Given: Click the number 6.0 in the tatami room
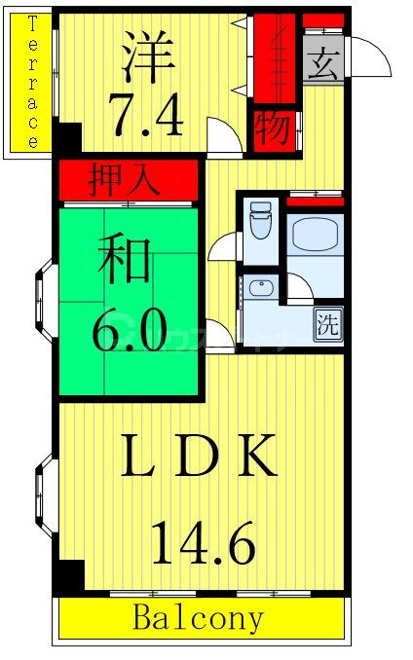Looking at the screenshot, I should coord(128,332).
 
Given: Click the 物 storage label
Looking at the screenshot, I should coord(274,129).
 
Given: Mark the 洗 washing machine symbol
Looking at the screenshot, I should coord(328,325).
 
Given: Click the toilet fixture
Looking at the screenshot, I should coord(260,222).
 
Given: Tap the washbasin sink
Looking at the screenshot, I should coord(259,288).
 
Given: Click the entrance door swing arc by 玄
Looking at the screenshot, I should coord(370,56).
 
